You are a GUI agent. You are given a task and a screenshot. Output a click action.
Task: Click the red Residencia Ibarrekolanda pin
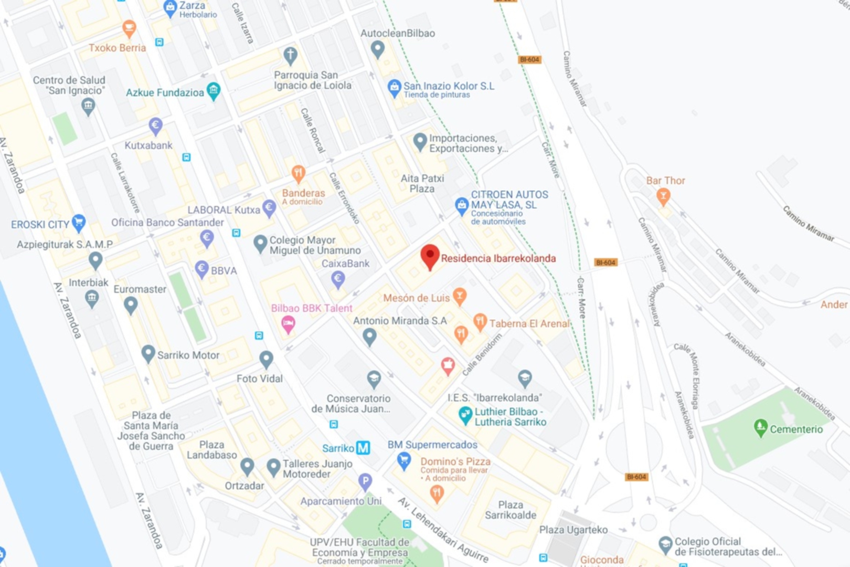(430, 256)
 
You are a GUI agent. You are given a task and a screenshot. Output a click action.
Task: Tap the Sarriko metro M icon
(363, 448)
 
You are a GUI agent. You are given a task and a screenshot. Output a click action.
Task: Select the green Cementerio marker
(760, 427)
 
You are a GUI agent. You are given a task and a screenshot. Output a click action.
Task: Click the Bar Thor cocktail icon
(663, 196)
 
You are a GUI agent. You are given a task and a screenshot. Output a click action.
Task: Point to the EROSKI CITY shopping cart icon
(79, 223)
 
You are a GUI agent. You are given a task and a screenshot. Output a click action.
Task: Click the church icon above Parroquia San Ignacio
(290, 55)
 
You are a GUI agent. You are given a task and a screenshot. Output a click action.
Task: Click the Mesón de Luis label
(416, 298)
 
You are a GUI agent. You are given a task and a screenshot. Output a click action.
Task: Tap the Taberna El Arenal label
(529, 323)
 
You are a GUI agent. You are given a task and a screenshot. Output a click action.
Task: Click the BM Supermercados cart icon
(403, 461)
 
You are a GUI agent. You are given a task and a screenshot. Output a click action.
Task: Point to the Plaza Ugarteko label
(573, 530)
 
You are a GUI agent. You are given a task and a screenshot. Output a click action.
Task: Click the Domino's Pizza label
(455, 461)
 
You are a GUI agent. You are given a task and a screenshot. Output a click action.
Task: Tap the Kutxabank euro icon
(155, 125)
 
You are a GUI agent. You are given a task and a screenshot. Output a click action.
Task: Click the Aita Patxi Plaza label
(422, 183)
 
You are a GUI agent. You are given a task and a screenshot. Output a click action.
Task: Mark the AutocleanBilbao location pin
(377, 49)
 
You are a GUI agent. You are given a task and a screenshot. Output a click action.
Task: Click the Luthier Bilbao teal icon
(465, 415)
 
